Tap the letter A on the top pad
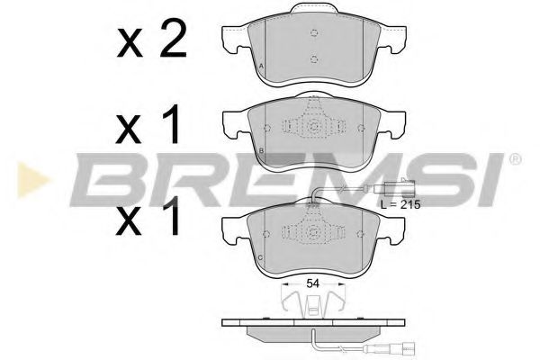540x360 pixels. tap(261, 66)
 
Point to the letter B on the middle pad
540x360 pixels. tap(261, 150)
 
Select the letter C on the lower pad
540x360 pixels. tap(261, 257)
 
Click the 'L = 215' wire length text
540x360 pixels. tap(400, 204)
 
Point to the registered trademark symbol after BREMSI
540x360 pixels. tap(515, 158)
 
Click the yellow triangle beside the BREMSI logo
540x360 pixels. tap(32, 179)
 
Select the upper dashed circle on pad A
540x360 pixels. tap(314, 33)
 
